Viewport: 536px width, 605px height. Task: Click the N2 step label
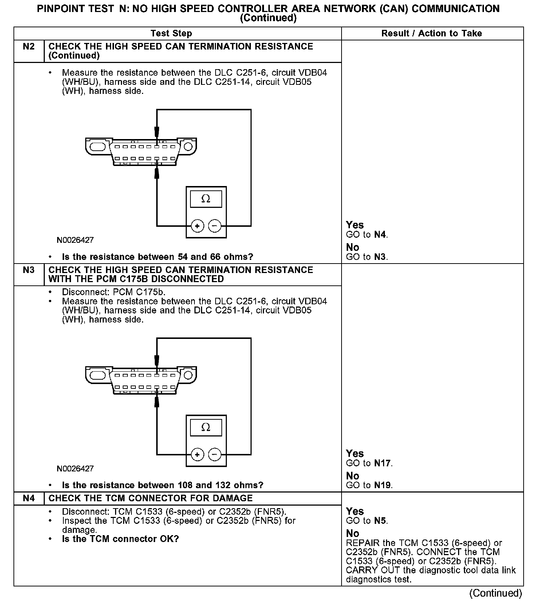tap(28, 47)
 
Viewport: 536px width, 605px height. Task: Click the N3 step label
tap(28, 270)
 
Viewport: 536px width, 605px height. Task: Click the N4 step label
tap(28, 498)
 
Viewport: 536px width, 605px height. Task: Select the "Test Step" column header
tap(171, 33)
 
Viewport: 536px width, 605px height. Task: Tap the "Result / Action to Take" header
tap(431, 33)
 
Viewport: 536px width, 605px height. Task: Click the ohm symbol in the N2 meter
tap(206, 199)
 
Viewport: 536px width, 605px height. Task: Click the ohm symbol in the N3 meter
tap(206, 427)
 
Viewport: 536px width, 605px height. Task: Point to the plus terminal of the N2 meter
tap(197, 226)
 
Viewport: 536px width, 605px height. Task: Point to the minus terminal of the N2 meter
tap(214, 226)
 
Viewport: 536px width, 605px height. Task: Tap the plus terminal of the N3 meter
tap(197, 455)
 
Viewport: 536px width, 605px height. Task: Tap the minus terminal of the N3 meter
tap(214, 455)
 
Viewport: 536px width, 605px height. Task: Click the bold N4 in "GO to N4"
tap(380, 235)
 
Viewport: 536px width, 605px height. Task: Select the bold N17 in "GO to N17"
tap(382, 463)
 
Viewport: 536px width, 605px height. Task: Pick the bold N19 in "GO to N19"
tap(382, 485)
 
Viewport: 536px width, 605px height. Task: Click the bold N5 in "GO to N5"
tap(380, 521)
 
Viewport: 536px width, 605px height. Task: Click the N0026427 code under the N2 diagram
tap(75, 240)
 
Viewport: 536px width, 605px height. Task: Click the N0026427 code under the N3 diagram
tap(75, 468)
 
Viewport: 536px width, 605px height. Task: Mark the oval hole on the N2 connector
tap(97, 147)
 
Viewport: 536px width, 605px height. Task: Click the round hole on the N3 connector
tap(188, 375)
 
